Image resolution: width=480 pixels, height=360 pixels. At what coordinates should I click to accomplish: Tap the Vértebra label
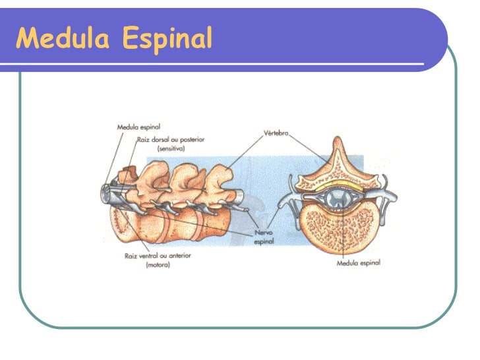276,133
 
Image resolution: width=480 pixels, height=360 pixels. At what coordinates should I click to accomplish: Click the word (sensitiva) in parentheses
171,149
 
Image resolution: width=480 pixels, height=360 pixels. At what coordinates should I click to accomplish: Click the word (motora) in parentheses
158,265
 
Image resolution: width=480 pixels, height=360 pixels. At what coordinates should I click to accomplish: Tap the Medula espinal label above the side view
138,126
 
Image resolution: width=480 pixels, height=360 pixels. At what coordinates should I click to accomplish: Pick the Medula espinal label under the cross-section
358,262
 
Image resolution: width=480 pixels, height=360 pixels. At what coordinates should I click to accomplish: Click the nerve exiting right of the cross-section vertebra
390,197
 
